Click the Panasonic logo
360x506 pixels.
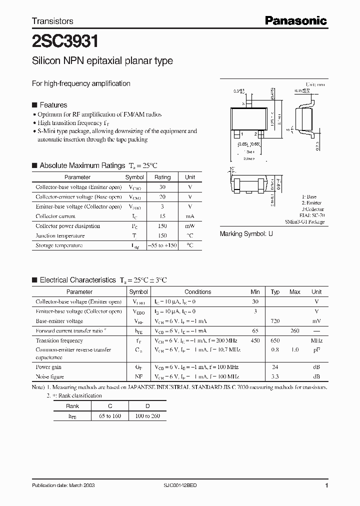295,20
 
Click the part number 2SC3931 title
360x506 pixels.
61,40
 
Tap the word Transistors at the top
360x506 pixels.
52,21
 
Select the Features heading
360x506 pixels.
53,105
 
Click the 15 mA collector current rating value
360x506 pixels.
162,216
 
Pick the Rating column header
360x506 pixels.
162,177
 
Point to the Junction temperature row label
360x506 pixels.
60,235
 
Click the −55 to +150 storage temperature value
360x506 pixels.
162,245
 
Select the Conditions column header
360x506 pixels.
198,292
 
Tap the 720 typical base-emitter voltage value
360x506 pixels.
275,321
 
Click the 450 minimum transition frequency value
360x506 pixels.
255,340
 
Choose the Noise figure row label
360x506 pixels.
49,376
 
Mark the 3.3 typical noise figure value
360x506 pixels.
275,376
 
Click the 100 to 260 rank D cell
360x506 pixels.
147,416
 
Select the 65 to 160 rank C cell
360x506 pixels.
110,416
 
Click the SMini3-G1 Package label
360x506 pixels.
304,221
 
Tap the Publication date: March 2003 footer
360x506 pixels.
63,485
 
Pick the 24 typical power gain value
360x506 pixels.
275,367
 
